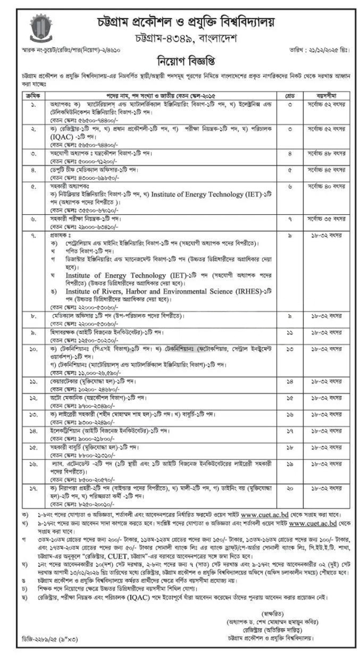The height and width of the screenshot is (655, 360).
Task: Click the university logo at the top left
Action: [41, 28]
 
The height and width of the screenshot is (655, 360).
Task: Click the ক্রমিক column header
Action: [32, 95]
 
